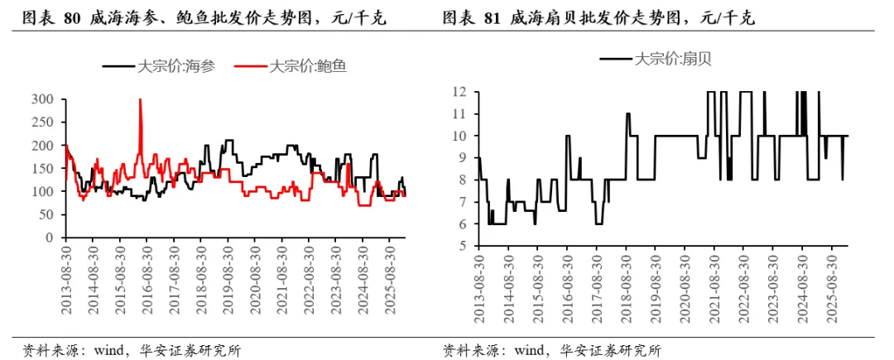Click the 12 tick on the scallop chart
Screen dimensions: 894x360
coord(462,92)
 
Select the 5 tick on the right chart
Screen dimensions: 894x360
coord(464,246)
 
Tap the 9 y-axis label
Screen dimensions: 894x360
coord(464,158)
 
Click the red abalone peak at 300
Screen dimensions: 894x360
coord(140,99)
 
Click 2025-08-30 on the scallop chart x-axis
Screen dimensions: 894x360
coord(831,281)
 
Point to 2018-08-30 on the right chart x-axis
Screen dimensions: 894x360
coord(626,281)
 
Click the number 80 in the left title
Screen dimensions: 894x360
coord(72,19)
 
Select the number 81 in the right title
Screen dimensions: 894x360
coord(492,19)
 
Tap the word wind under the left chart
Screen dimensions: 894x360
coord(107,348)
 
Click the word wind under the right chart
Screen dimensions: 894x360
coord(528,348)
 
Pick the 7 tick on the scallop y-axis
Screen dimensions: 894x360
coord(464,202)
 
